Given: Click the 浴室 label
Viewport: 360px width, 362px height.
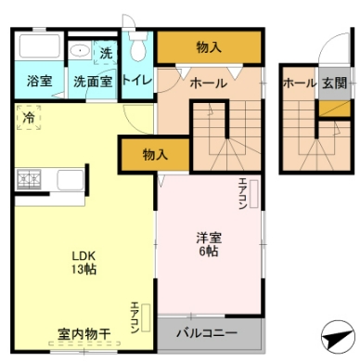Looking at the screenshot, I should (x=39, y=81).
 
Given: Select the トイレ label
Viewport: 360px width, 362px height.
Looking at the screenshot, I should (x=137, y=81).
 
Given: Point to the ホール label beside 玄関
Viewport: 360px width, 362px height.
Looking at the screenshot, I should (x=300, y=83).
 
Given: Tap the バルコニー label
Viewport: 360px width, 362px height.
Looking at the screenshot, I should (x=208, y=332).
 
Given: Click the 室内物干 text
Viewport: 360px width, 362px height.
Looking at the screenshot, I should (x=84, y=332).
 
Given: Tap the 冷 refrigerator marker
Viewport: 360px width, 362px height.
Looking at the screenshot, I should (x=29, y=118).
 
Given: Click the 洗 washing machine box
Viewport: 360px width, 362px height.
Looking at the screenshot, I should (x=106, y=53).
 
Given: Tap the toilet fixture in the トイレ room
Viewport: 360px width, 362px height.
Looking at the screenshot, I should (x=139, y=46).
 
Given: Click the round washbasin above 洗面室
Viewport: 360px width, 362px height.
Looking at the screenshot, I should (x=81, y=52).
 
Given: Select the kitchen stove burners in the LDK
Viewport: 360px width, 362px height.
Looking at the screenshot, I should (x=29, y=177).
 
